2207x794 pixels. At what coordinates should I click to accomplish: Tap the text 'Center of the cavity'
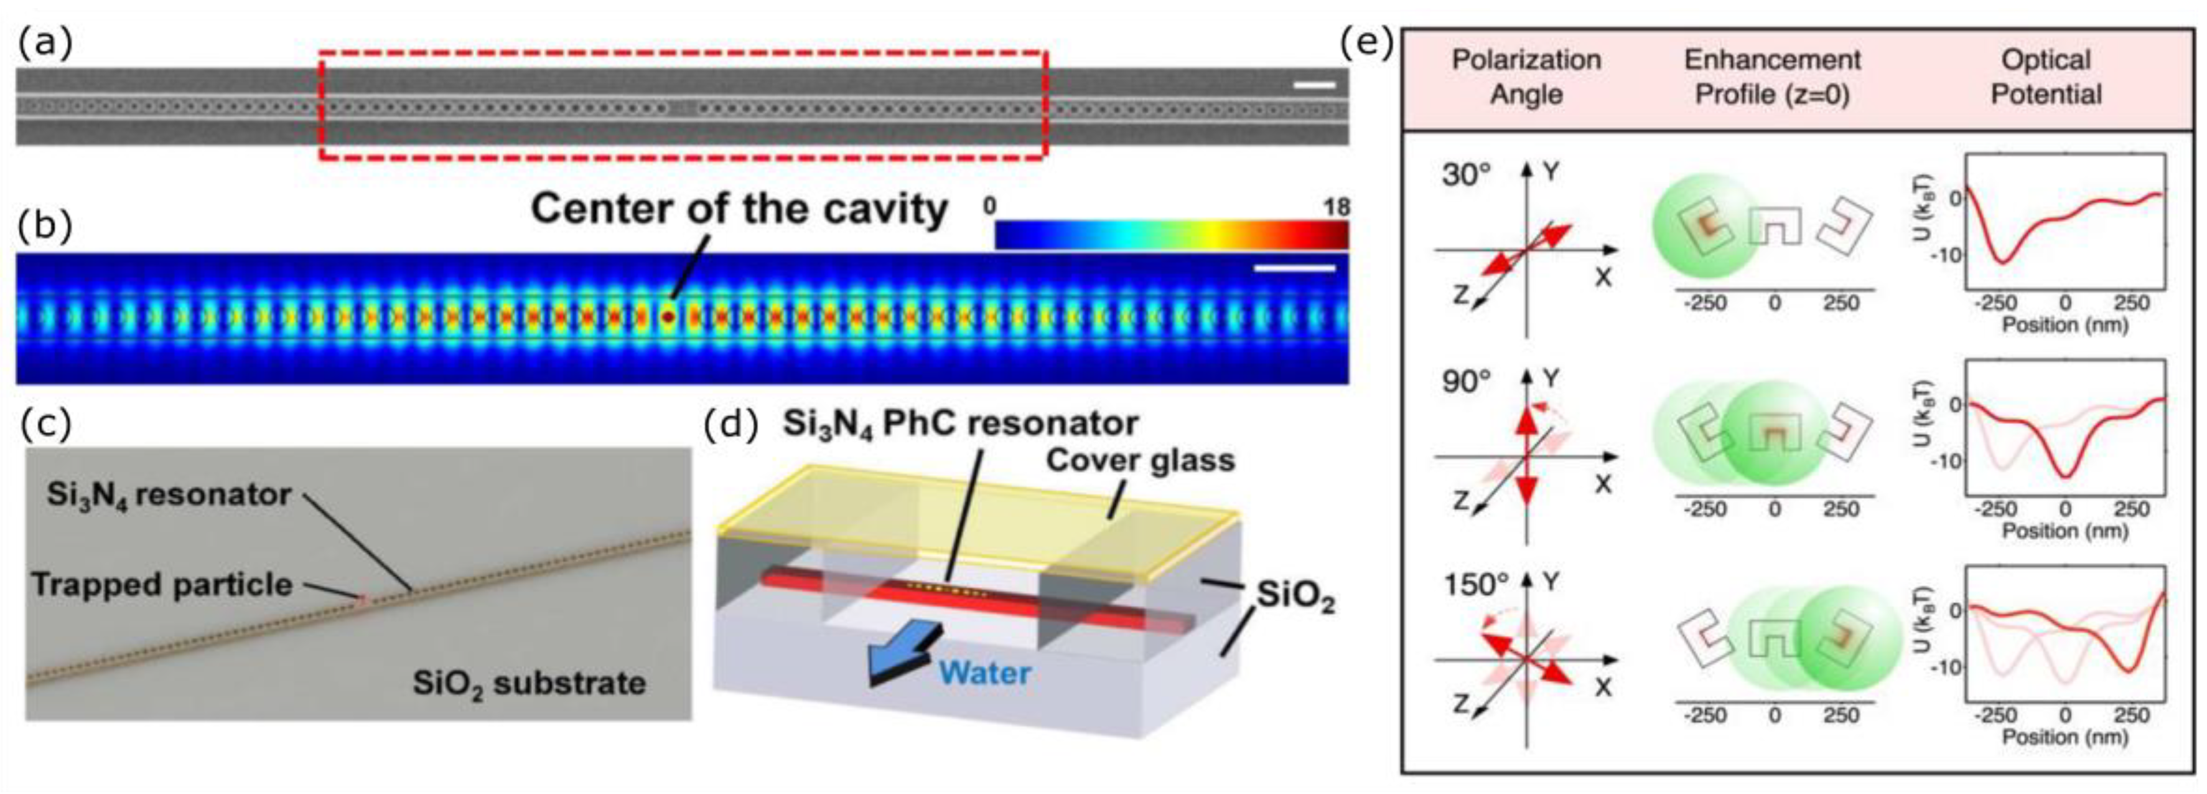point(739,209)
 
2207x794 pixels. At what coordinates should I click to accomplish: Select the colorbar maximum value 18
point(1336,207)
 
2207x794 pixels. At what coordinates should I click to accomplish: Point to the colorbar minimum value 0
point(991,207)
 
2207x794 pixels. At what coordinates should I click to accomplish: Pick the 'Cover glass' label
point(1139,460)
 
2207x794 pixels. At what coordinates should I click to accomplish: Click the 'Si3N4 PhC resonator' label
point(959,423)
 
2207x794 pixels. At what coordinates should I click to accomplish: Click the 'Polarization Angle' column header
point(1526,77)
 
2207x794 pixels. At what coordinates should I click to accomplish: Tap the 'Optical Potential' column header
point(2046,77)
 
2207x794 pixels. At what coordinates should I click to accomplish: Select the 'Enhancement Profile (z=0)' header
point(1772,77)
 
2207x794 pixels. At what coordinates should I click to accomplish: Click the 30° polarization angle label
point(1466,175)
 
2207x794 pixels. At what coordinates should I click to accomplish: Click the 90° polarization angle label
point(1466,380)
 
